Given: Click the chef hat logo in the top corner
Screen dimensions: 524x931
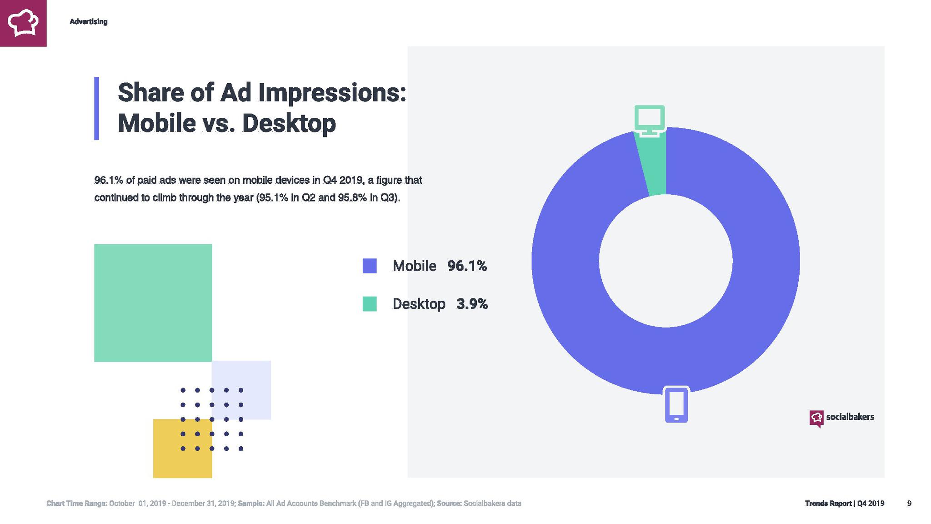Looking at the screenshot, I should [23, 23].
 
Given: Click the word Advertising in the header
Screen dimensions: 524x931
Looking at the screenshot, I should [88, 21].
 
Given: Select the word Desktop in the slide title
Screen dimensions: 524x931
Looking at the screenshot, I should [289, 123].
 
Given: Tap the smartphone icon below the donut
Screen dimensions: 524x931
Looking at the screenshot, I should [676, 404].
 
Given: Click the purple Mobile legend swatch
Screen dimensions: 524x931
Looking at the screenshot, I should [370, 266].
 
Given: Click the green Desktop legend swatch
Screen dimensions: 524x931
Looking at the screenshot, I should [370, 304].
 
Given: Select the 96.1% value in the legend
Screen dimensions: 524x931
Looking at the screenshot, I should [467, 266].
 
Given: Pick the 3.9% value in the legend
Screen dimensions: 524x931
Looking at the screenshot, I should [472, 304].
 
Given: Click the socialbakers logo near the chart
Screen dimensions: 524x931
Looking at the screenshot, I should [841, 418].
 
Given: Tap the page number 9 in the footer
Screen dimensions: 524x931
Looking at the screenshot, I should [909, 503].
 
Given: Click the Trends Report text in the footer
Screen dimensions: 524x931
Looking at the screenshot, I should [828, 503].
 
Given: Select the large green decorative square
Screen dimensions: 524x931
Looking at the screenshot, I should [153, 303].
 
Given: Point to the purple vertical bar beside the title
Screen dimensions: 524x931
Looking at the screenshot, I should [96, 108].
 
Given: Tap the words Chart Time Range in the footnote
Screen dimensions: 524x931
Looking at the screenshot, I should [77, 503].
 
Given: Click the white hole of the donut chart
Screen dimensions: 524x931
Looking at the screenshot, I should [666, 261].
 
